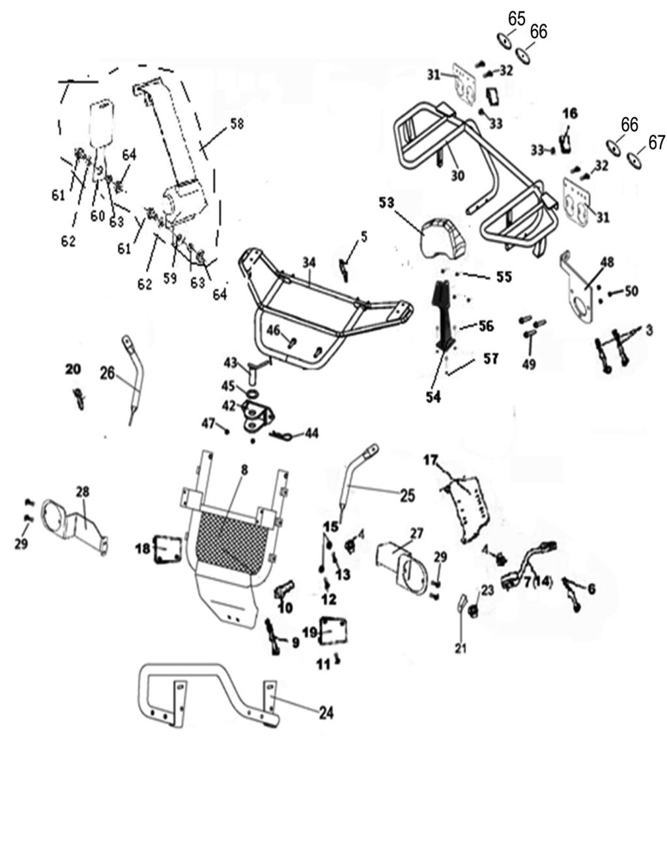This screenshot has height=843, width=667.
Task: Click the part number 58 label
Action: [236, 123]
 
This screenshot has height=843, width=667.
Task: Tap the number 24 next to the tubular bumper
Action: [326, 713]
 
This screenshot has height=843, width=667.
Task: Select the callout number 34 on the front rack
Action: [309, 262]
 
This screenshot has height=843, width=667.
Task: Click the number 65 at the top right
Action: [517, 18]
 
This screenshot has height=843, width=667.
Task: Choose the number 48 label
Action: [606, 262]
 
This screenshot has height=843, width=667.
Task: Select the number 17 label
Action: [431, 460]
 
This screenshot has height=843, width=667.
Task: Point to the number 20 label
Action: [73, 369]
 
